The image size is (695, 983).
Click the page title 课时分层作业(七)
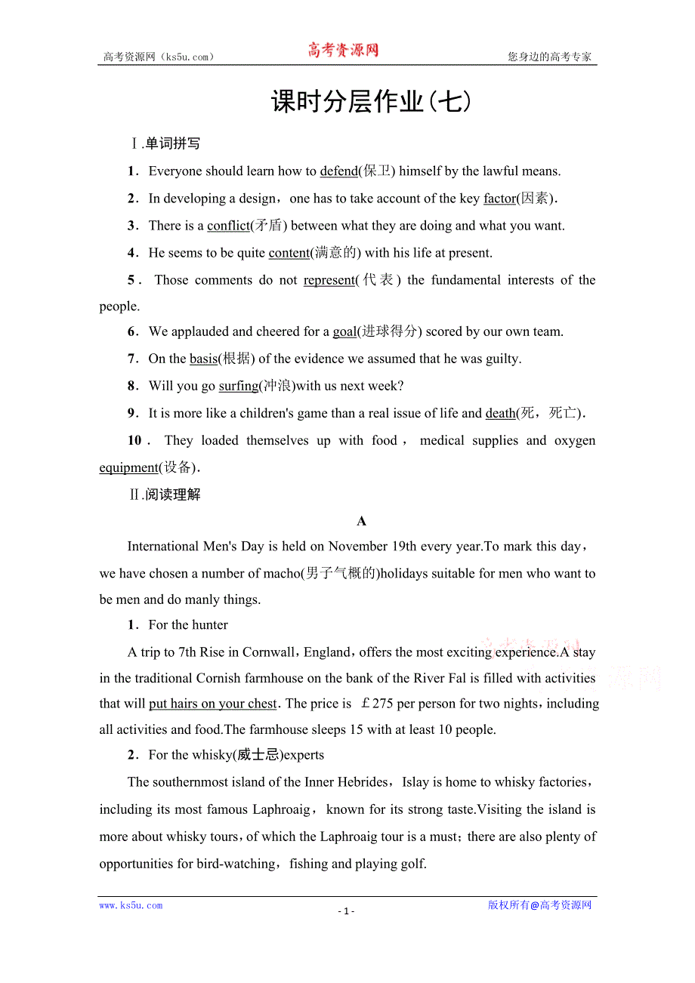tap(371, 101)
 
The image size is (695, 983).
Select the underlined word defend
tap(338, 171)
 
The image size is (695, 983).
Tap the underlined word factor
tap(499, 199)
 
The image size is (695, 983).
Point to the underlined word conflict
tap(228, 226)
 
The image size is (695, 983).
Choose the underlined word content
tap(289, 253)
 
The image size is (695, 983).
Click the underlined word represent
tap(329, 280)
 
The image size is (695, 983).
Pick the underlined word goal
tap(344, 331)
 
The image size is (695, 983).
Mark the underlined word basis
tap(203, 359)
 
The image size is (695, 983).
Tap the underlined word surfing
tap(239, 386)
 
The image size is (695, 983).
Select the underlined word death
tap(500, 413)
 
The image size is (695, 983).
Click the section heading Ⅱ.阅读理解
tap(165, 495)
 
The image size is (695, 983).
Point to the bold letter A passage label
tap(361, 521)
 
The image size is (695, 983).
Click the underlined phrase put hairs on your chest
tap(213, 704)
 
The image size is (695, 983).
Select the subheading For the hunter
tap(188, 625)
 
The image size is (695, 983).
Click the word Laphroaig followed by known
tap(281, 809)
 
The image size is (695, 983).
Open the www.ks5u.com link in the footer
tap(131, 905)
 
